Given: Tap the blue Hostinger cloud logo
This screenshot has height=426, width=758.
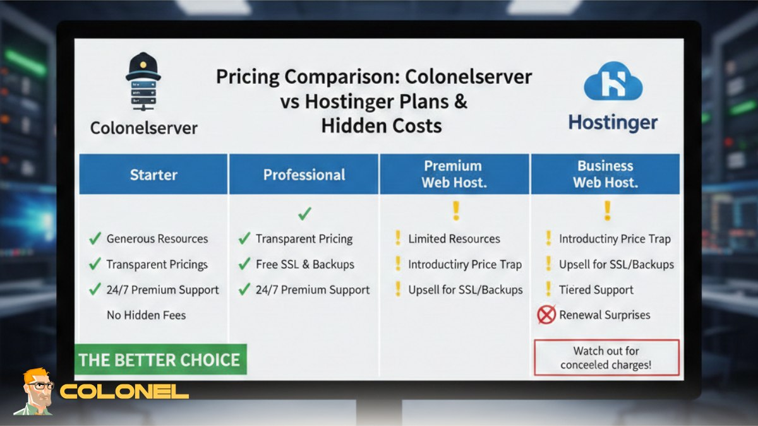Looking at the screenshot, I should (612, 81).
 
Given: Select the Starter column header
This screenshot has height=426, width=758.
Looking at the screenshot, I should (153, 174).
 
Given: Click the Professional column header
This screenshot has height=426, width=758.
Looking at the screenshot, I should (304, 175).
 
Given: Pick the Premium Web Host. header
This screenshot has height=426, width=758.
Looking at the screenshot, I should (453, 174).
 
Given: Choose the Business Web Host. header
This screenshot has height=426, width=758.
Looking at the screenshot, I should (605, 174).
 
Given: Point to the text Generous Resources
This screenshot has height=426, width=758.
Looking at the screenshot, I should (157, 239).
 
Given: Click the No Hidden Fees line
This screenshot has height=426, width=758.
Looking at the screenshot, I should (146, 314).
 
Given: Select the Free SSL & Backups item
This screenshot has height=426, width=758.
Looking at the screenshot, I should (304, 264).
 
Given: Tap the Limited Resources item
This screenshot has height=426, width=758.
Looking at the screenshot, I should (454, 239).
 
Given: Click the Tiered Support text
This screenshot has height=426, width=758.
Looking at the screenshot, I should (596, 290).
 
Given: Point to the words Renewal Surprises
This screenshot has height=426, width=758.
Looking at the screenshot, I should (605, 314).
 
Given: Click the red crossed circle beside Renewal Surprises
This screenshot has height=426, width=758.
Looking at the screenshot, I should (546, 314).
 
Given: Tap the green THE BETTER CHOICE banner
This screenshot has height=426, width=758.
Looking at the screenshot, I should (159, 360).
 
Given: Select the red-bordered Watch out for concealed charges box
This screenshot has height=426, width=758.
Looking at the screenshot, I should (606, 358).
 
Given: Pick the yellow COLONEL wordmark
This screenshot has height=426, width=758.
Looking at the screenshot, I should (124, 391).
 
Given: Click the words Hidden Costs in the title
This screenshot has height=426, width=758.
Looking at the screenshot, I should (381, 125).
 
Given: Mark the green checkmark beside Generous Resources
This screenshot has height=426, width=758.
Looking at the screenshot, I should (95, 239).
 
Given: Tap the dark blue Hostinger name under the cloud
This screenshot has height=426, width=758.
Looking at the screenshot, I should (613, 122).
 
